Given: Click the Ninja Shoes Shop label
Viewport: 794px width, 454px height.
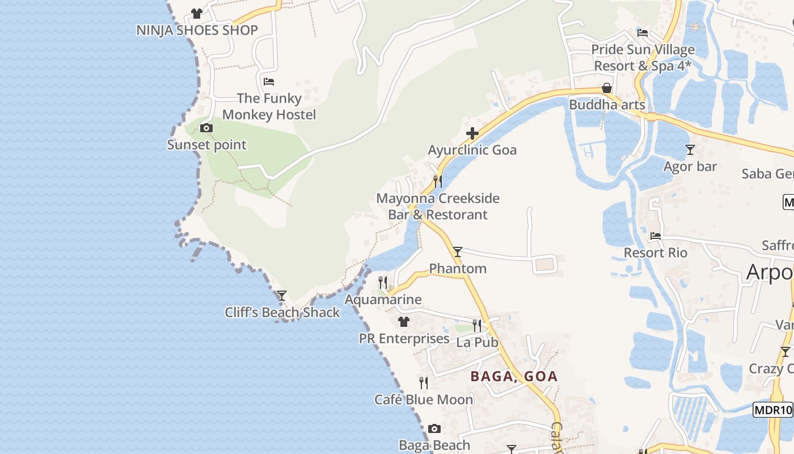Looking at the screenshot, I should [x=197, y=30].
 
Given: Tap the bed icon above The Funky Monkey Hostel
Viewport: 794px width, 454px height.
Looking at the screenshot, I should [x=269, y=82].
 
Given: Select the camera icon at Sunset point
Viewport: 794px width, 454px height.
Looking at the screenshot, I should [x=206, y=128].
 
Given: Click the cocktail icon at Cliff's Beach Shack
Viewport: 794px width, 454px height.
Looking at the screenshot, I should [x=281, y=296].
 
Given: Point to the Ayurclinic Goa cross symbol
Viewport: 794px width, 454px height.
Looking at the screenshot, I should [x=472, y=133].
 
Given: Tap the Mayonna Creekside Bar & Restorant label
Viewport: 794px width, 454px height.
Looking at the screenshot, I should [x=438, y=207].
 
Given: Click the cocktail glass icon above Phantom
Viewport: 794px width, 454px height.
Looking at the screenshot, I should [x=458, y=252].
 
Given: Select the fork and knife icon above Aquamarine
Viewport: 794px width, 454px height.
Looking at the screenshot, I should [x=383, y=282].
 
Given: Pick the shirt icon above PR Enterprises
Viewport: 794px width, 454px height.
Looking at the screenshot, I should [x=404, y=322].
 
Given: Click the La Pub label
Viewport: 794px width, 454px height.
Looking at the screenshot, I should [x=478, y=342].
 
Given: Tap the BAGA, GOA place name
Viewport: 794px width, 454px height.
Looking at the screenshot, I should [x=514, y=376].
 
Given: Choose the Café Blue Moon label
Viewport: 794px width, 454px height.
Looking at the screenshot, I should [x=424, y=400].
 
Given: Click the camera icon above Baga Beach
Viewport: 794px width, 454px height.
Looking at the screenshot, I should [x=434, y=428].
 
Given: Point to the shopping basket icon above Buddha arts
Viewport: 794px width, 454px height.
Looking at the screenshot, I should [x=607, y=88].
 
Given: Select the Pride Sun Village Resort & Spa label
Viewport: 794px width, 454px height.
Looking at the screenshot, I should [x=643, y=58].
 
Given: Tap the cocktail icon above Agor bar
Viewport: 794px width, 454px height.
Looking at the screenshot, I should [x=690, y=150].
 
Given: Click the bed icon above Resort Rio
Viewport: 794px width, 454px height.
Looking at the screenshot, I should [x=656, y=236].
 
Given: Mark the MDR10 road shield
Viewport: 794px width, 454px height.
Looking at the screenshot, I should [x=772, y=410].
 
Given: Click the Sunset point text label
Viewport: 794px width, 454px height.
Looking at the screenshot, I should [x=206, y=145].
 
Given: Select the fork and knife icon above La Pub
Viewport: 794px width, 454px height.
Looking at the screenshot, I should [x=477, y=326].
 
